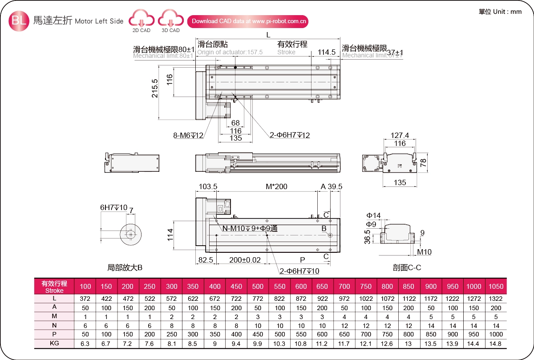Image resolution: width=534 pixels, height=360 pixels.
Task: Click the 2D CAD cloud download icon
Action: (141, 20)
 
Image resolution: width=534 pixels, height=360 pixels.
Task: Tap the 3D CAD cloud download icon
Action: (170, 20)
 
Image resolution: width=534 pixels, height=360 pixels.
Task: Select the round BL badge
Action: (19, 20)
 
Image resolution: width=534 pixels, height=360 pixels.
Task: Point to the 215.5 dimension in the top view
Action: (155, 88)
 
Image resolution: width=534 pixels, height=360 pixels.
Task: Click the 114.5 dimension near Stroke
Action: (327, 52)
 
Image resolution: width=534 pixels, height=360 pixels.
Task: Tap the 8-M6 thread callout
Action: (188, 135)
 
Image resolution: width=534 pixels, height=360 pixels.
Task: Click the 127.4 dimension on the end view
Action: (400, 136)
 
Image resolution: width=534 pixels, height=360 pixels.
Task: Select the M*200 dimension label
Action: (276, 186)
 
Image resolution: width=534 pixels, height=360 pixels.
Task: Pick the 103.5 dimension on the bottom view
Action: (207, 186)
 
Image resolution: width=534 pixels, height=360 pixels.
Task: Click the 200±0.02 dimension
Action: (245, 259)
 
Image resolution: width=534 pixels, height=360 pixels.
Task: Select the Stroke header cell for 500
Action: (258, 286)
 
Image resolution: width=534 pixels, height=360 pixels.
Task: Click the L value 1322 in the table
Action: (496, 299)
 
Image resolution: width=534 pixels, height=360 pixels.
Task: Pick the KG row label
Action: (54, 344)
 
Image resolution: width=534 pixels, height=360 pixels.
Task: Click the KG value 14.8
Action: (496, 344)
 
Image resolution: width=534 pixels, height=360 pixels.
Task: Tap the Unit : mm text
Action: (500, 12)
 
